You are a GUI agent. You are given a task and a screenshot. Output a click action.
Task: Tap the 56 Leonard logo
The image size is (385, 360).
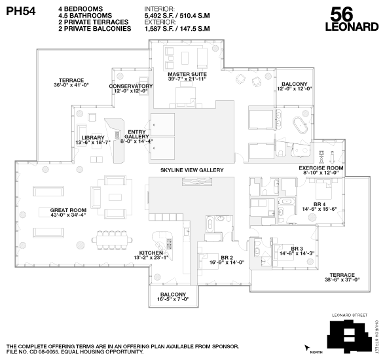click(352, 20)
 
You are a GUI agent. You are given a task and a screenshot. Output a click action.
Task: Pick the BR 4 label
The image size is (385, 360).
click(319, 206)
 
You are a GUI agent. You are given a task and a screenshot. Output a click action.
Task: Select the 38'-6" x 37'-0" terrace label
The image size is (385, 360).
click(342, 277)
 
